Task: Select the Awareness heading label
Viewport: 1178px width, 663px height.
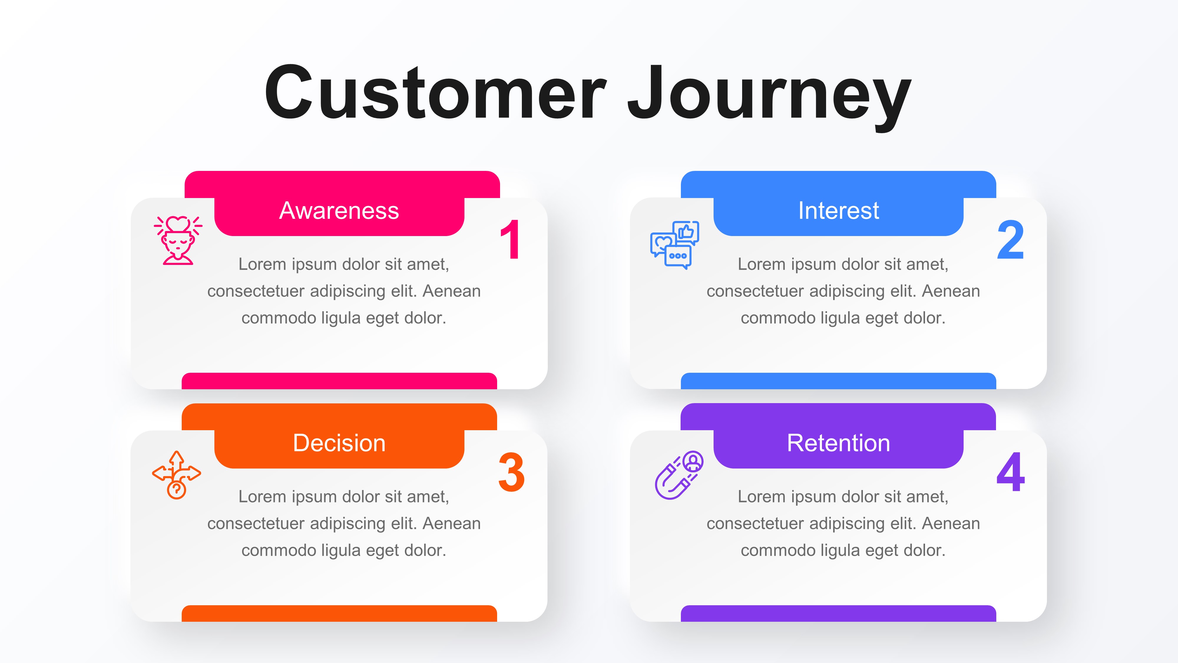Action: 339,211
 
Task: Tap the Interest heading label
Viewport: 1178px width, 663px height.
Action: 838,211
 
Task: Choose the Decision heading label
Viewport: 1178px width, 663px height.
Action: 339,443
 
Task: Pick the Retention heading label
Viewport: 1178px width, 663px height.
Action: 838,443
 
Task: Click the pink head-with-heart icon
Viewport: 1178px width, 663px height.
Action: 178,240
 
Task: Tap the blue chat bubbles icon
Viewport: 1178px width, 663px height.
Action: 674,245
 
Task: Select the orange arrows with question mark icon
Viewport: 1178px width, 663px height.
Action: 176,475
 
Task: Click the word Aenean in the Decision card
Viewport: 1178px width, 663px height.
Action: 451,523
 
